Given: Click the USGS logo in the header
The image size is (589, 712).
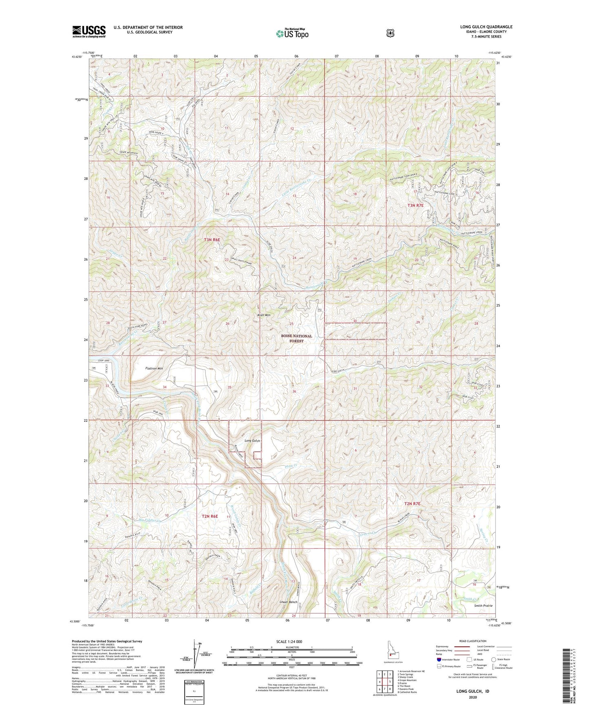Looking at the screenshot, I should click(89, 31).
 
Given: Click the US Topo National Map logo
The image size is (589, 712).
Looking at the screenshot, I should click(292, 33).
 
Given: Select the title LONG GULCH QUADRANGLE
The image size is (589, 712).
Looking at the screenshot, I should click(486, 27).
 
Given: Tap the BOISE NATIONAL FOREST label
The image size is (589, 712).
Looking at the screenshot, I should click(296, 338).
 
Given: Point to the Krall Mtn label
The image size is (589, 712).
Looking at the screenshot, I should click(264, 315).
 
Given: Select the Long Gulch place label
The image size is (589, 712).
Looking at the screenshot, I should click(252, 441).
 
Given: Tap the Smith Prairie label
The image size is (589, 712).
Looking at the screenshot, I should click(483, 606).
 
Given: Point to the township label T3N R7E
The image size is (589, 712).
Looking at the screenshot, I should click(415, 206).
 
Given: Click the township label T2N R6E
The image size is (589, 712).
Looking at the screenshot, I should click(210, 516).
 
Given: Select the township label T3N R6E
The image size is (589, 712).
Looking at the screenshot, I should click(212, 240).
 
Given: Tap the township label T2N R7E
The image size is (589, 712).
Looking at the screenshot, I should click(412, 504).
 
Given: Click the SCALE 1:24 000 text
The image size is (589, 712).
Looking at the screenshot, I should click(289, 642).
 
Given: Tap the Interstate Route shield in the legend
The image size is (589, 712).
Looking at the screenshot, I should click(439, 659).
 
